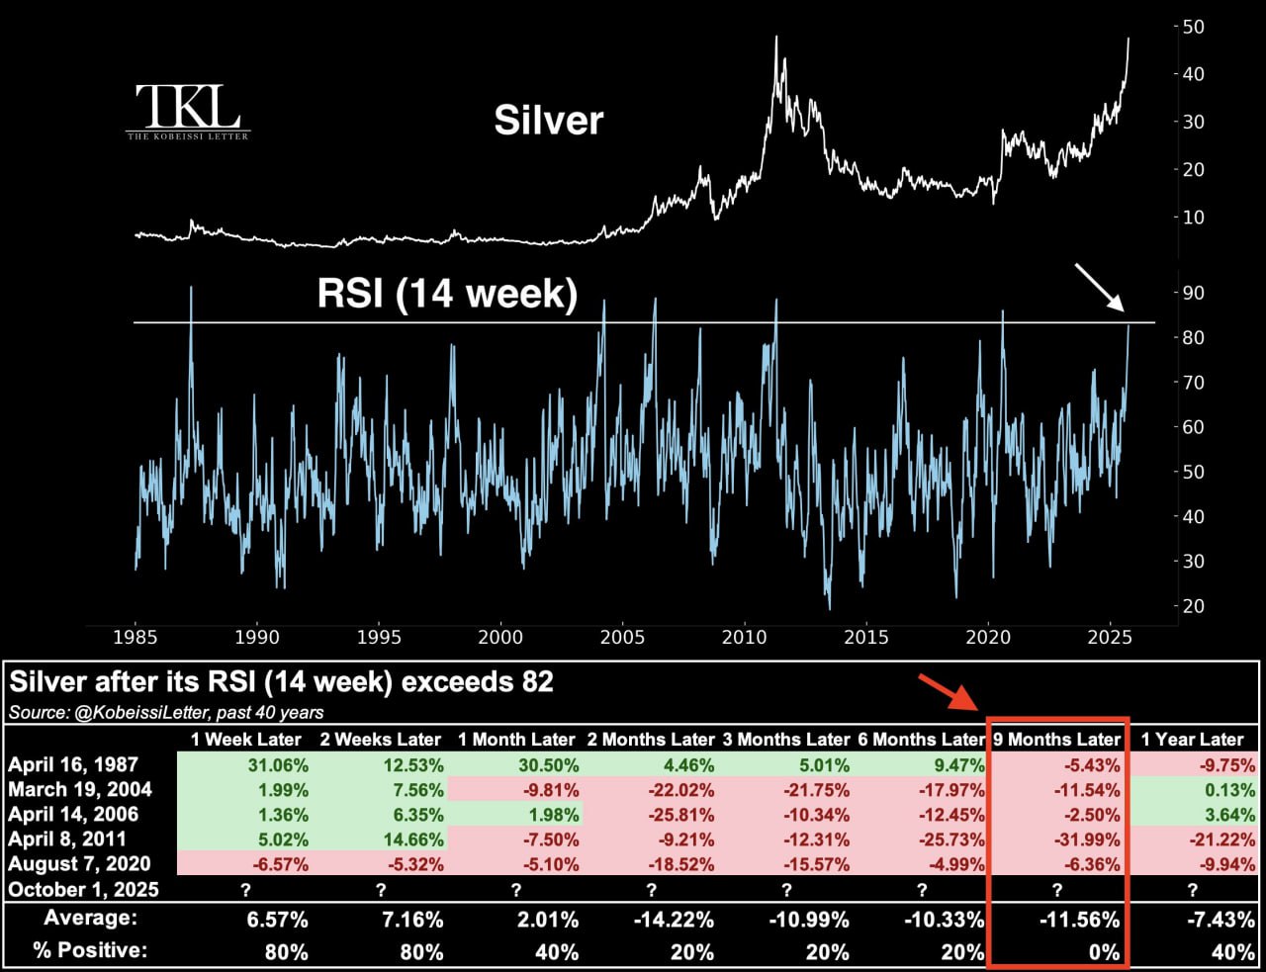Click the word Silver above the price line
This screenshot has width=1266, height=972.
pos(548,121)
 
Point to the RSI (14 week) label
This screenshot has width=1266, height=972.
pos(447,294)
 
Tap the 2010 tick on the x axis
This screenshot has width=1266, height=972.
pos(744,638)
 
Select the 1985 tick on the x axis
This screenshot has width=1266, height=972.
pos(136,638)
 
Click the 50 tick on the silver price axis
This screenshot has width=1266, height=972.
pos(1193,27)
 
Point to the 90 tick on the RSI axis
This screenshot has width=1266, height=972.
pos(1193,293)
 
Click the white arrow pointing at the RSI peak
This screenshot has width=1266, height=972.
pos(1099,287)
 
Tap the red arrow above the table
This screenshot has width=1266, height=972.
pos(948,692)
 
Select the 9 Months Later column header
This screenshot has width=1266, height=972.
pos(1057,740)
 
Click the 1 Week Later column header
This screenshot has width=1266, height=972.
pos(246,740)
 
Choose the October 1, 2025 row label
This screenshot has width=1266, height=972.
pos(83,889)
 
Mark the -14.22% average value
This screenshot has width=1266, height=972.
pos(678,920)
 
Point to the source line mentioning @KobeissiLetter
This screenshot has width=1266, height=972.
pos(166,712)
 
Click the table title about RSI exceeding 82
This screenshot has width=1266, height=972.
pos(282,682)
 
